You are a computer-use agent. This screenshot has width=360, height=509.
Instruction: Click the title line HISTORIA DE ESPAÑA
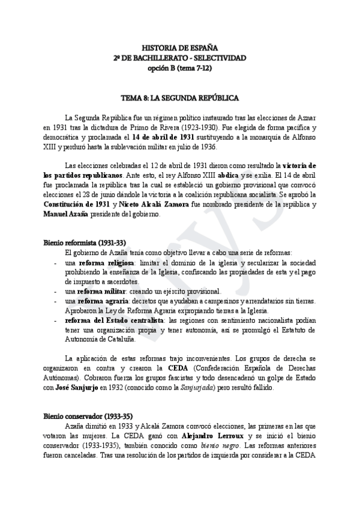[180, 47]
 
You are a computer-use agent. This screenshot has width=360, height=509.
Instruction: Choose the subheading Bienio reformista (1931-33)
[84, 243]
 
